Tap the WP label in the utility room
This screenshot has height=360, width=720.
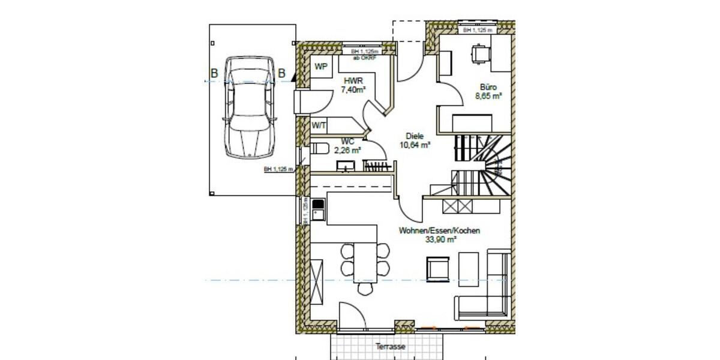tap(321, 67)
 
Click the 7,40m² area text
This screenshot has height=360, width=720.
tap(353, 90)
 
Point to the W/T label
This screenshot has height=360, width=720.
tap(318, 125)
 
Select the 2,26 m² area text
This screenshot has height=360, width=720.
tap(347, 151)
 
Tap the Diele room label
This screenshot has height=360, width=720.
tap(415, 136)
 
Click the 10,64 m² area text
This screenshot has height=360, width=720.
tap(415, 145)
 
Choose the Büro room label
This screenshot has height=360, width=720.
tap(488, 86)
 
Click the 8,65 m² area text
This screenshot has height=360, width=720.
tap(488, 95)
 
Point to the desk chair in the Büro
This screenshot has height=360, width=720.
tap(479, 53)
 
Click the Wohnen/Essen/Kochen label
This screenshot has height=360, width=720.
tap(439, 230)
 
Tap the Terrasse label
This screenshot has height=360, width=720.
tap(390, 347)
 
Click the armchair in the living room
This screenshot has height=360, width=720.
tap(437, 268)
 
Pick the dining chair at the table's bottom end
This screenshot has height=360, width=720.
tap(365, 289)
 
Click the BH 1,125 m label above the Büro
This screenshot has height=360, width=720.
tap(478, 29)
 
